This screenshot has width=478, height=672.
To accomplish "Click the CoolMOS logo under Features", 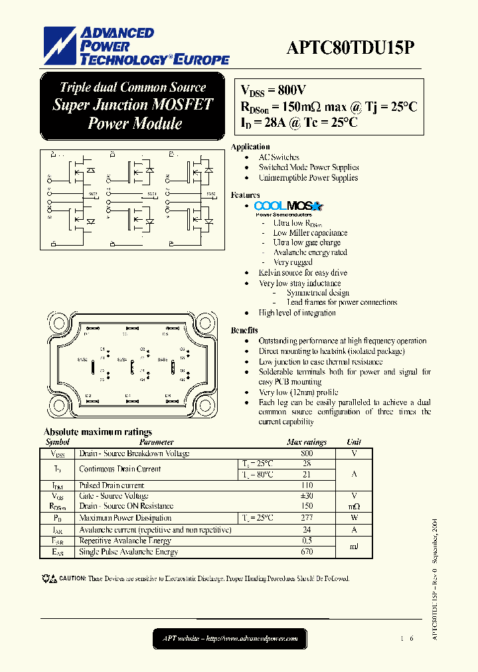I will point(288,207).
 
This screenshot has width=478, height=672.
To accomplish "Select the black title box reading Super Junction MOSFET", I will point(133,105).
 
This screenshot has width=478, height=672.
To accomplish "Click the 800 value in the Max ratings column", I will point(306,454).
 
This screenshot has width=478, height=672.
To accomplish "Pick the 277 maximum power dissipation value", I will point(306,518).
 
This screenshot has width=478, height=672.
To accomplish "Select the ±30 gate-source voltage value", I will point(306,496).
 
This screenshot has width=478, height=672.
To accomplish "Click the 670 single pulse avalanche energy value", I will point(306,552).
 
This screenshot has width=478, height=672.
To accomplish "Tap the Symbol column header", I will point(57,442).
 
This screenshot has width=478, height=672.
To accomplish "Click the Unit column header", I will point(354,442).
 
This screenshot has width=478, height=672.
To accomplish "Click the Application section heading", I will point(250,147).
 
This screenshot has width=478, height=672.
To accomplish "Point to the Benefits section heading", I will point(244,330).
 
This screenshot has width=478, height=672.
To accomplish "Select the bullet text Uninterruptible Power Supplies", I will point(308,178).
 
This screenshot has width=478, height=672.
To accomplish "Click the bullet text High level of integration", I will point(297,313).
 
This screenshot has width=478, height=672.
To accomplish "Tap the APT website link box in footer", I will point(230,639).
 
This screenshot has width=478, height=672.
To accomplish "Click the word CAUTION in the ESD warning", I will point(72,579).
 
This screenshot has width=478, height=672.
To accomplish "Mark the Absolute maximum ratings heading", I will point(98,432).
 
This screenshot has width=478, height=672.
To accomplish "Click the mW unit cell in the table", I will point(354,507).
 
